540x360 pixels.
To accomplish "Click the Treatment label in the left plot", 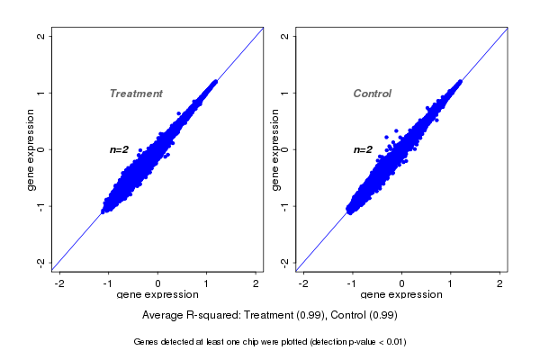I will [x=136, y=94].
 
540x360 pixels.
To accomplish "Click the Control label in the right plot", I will [x=372, y=94].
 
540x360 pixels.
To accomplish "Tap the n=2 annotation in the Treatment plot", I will [x=120, y=149].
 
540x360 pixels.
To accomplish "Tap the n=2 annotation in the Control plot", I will [x=363, y=149].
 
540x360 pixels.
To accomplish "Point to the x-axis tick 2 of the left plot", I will [x=256, y=283].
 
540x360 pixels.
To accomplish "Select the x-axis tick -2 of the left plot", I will [x=59, y=283].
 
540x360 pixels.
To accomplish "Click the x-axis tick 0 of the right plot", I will [x=401, y=283].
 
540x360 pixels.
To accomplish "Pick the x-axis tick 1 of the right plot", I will [x=451, y=283].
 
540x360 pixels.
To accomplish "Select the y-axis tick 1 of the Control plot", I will [x=284, y=93].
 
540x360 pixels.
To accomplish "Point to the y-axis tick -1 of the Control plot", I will [x=284, y=206].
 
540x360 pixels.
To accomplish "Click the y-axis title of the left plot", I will [x=31, y=149].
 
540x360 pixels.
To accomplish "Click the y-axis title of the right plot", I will [x=274, y=149].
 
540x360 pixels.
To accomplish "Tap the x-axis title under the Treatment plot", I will [x=157, y=295].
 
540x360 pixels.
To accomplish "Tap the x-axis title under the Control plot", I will [x=400, y=295].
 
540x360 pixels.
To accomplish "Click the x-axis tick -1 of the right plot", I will [x=352, y=283].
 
